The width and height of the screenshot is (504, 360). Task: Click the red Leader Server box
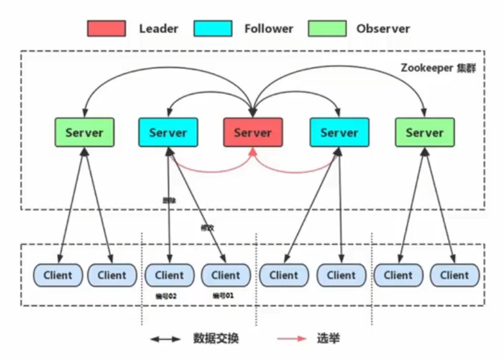point(253,132)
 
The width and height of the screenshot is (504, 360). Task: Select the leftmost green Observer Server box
point(84,132)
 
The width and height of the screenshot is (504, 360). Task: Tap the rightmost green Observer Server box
point(425,132)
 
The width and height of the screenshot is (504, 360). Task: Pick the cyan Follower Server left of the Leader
point(168,132)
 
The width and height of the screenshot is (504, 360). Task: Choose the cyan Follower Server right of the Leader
point(339,132)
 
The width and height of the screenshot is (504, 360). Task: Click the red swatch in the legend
point(106,29)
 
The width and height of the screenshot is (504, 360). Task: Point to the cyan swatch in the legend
point(213,29)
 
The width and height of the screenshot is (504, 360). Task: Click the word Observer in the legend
point(383,29)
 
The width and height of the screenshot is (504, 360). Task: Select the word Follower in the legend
point(268,29)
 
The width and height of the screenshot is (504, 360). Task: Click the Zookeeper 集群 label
point(438,68)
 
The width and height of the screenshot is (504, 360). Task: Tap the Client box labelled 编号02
point(169,275)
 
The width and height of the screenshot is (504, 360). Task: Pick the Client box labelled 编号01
point(226,275)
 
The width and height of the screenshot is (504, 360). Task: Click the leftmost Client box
point(58,275)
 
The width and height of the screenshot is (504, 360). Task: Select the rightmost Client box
point(455,275)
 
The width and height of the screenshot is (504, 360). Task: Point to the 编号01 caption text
point(223,296)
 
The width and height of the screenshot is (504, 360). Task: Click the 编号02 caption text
point(166,296)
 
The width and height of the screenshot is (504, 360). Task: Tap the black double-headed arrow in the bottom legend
point(165,339)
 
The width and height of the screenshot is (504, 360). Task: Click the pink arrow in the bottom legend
point(291,339)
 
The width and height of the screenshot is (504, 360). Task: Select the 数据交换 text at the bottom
point(216,339)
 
